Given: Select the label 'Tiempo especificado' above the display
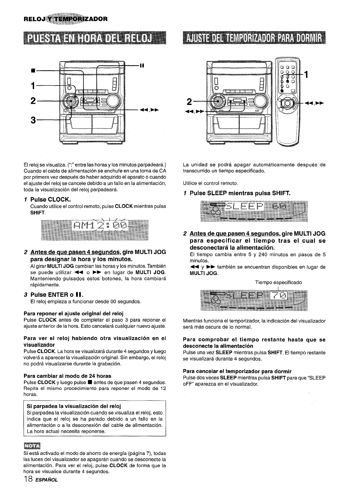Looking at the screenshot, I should [278, 282].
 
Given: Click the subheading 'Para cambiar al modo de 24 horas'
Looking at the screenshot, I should [67, 376].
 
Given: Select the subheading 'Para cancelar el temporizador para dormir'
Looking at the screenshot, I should [237, 371].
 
